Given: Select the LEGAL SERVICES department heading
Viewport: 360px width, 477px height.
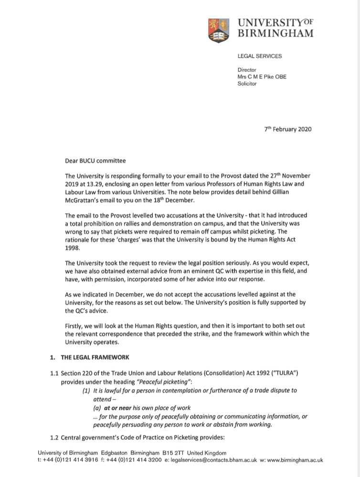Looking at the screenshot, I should click(x=260, y=56).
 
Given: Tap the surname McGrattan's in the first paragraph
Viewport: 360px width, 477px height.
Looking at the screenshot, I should click(x=85, y=201).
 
